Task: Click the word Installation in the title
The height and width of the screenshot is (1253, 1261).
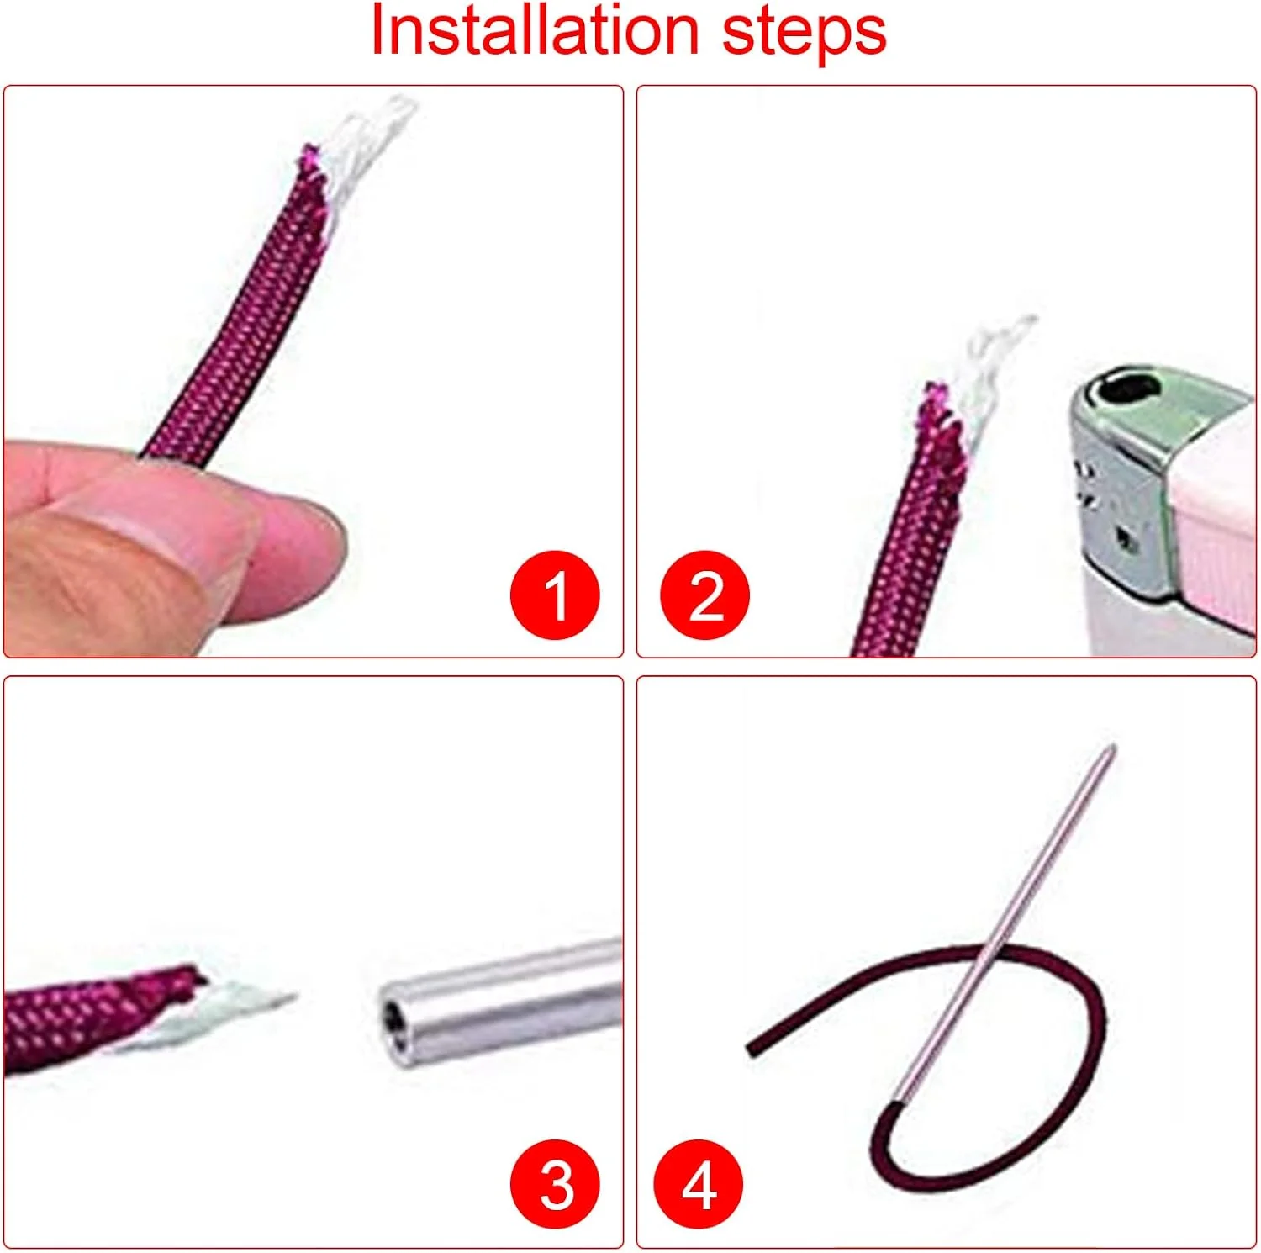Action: pyautogui.click(x=535, y=31)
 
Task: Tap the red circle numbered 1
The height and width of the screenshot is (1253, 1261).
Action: pyautogui.click(x=555, y=595)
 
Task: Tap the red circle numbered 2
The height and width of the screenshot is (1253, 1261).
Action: pyautogui.click(x=704, y=595)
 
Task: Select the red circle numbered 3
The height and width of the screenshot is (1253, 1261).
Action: pyautogui.click(x=555, y=1184)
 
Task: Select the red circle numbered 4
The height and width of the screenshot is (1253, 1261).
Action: pyautogui.click(x=699, y=1184)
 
